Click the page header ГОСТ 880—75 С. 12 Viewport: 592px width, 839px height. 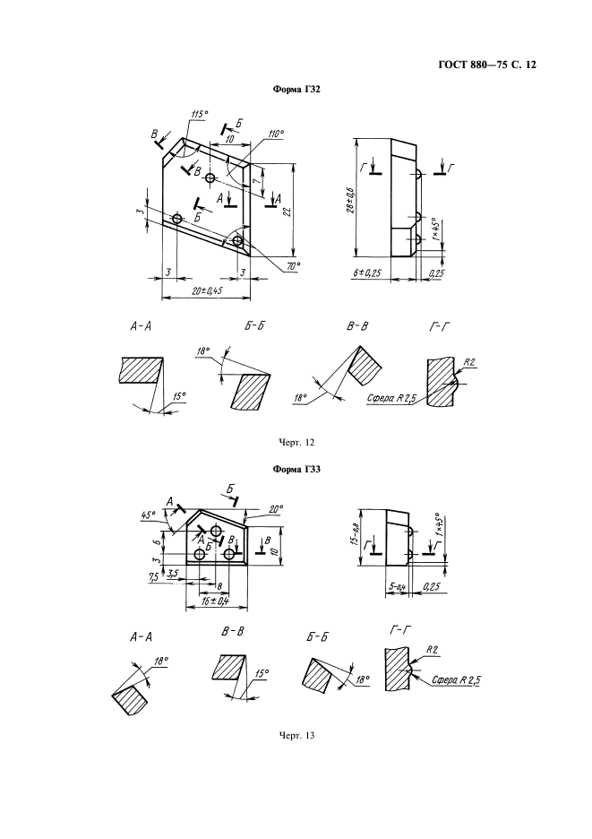(x=486, y=65)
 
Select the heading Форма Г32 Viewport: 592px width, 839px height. (x=296, y=90)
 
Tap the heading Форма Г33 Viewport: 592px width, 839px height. (x=296, y=470)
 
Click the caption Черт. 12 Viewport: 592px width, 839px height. (x=296, y=442)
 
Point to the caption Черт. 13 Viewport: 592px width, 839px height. (x=296, y=735)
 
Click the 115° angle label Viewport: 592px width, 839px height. (x=199, y=114)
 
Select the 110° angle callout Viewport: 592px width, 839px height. (x=276, y=134)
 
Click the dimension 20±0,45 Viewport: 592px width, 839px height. (x=207, y=290)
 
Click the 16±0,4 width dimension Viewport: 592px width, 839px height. (x=217, y=601)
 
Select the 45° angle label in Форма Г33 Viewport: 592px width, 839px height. (x=148, y=515)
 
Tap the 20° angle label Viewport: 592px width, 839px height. (x=276, y=508)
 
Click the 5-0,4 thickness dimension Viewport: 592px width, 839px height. (x=397, y=587)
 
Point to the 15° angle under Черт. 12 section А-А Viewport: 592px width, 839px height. (x=179, y=396)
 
